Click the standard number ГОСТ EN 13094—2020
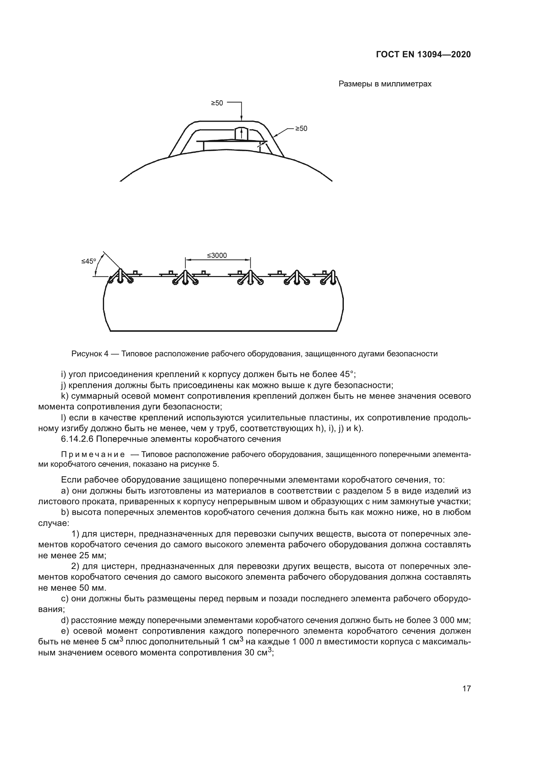pos(423,54)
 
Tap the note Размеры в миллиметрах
pos(385,84)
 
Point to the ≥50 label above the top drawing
pos(217,103)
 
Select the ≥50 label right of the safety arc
pos(301,128)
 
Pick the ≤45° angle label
pos(89,262)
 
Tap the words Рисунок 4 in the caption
pos(90,354)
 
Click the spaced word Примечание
pos(93,455)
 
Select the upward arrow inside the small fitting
pos(242,134)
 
